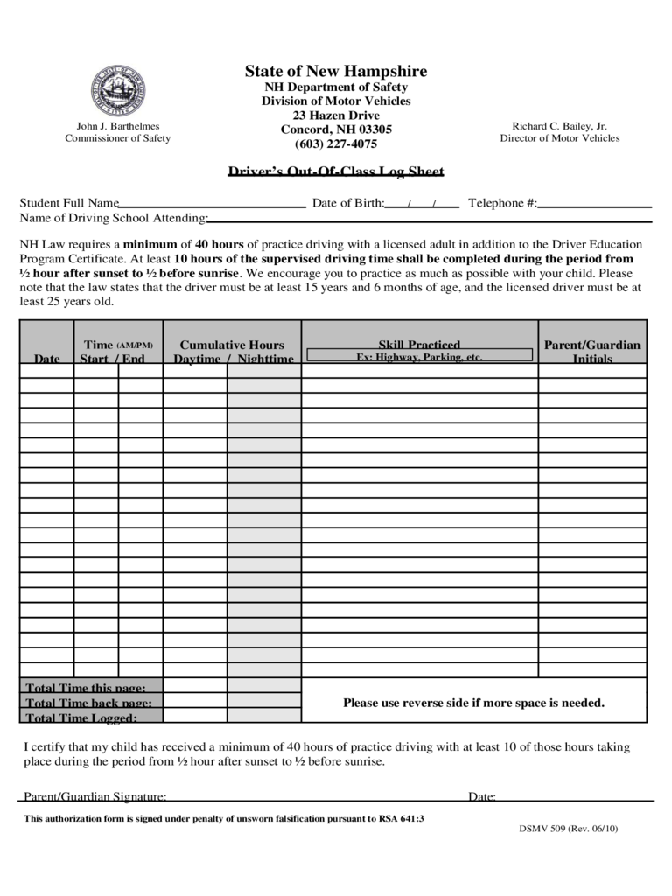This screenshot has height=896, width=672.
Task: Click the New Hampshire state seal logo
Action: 117,92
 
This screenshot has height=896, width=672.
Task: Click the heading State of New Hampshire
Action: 336,72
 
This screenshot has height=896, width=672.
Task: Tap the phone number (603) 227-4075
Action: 336,144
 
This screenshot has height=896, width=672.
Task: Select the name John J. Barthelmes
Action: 117,126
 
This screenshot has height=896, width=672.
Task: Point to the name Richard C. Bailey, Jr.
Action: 559,126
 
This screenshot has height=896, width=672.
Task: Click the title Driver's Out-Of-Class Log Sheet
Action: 336,171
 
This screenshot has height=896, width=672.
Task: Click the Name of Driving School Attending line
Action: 429,219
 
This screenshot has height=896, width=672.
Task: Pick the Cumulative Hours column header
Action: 232,346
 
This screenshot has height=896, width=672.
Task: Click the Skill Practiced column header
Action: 419,345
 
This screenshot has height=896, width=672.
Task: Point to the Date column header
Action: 47,359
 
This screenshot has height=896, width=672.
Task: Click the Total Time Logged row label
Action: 81,718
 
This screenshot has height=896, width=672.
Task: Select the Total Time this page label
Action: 86,688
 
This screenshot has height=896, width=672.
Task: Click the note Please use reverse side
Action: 473,703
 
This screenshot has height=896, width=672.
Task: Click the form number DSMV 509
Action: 568,829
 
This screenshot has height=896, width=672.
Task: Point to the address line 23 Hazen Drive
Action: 336,115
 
